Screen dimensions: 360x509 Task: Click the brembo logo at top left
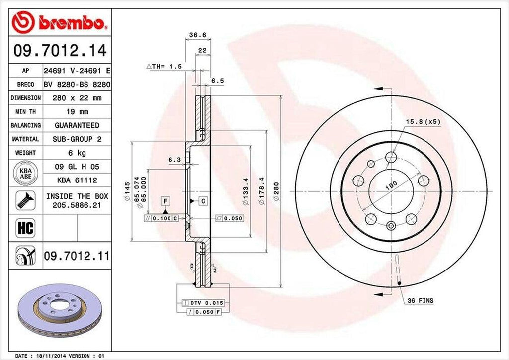tap(59, 22)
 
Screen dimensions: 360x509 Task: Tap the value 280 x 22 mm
tap(77, 98)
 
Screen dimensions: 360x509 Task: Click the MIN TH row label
tap(25, 112)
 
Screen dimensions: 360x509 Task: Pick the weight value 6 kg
tap(77, 153)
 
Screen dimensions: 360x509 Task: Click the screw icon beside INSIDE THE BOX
tap(25, 200)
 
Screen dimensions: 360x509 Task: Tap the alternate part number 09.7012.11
tap(77, 256)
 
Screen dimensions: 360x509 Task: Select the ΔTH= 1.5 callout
tap(164, 66)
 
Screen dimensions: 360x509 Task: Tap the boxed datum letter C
tap(203, 201)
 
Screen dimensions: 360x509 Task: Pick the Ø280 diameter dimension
tap(277, 192)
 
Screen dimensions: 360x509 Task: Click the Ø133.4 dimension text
tap(245, 191)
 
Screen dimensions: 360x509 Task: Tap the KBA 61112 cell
tap(77, 180)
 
